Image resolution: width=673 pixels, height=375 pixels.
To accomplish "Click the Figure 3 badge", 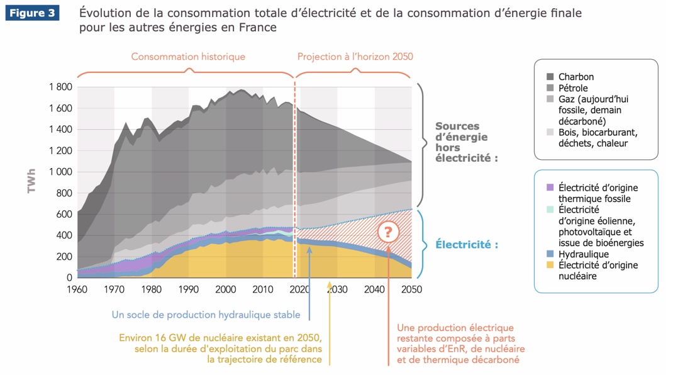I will (32, 13).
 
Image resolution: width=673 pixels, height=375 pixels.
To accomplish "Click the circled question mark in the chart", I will (388, 232).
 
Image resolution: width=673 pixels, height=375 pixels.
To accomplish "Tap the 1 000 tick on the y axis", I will (61, 172).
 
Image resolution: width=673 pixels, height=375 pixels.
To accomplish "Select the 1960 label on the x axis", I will (77, 289).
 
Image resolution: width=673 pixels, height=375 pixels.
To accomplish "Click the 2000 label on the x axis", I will (226, 289).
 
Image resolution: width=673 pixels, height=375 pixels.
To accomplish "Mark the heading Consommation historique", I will (188, 57).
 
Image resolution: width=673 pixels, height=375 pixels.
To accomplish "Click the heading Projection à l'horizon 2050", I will (355, 57).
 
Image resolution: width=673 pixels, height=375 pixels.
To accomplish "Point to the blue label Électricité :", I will (466, 244).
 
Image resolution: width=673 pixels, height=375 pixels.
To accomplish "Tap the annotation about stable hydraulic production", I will (206, 315).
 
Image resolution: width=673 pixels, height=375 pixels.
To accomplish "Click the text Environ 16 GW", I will (156, 337).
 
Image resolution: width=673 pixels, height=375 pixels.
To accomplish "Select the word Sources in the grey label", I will (457, 126).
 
